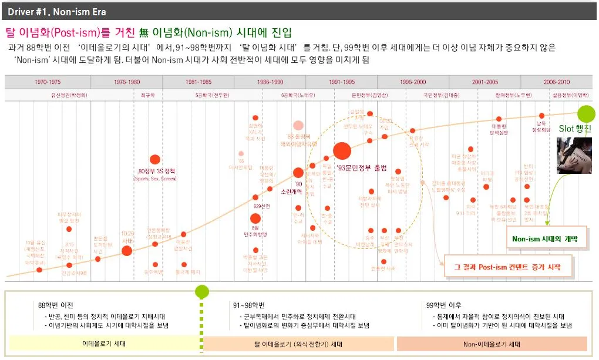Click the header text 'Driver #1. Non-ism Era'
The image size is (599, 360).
point(57,12)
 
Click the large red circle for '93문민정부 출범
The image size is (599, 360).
point(342,151)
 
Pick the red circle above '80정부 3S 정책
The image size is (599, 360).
point(155,159)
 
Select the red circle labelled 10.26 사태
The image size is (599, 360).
point(127,251)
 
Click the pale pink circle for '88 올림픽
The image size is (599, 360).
point(298,125)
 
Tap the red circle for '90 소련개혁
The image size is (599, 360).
point(298,173)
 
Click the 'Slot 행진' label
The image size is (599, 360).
point(575,128)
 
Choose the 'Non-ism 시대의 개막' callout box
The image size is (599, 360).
point(545,239)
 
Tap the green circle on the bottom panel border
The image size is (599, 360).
point(202,291)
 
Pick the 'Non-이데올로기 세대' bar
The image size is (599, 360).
point(492,344)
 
